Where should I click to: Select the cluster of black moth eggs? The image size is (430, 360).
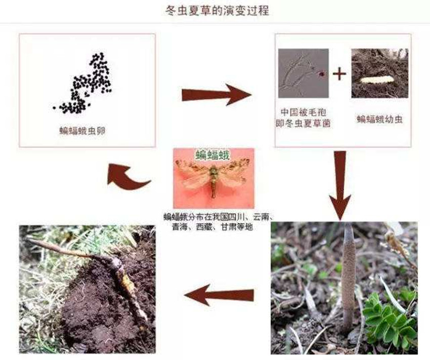pos(87,84)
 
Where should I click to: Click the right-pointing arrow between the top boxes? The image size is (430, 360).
pos(215,94)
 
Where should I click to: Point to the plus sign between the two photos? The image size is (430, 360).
pos(339,74)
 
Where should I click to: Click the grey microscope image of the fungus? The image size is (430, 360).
pos(303,73)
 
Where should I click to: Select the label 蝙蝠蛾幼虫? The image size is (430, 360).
pos(380,119)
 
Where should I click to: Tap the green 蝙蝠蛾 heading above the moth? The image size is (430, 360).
pos(213,154)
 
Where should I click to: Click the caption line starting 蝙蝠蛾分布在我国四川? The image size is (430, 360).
pos(216,217)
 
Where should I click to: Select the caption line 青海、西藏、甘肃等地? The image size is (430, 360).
pos(216,227)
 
